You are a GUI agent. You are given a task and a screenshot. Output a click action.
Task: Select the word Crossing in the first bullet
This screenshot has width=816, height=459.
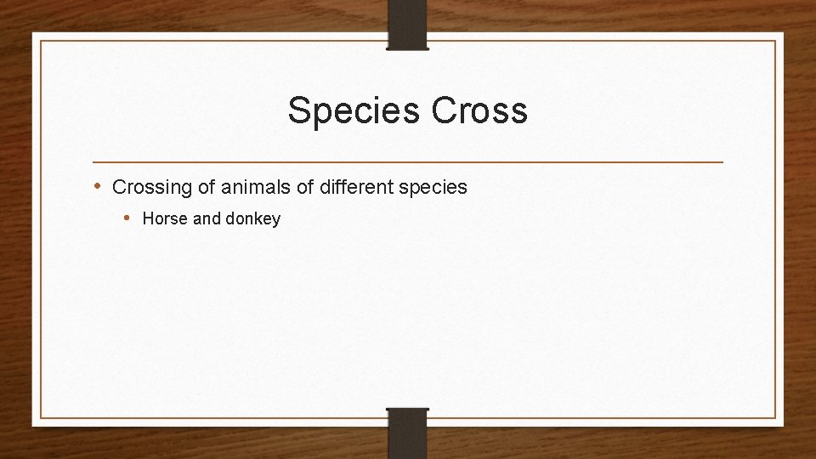click(x=149, y=187)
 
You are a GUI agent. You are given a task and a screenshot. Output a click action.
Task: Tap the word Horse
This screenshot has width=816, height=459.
click(x=165, y=219)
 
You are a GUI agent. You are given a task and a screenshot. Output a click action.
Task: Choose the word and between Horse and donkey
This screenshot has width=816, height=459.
click(x=207, y=219)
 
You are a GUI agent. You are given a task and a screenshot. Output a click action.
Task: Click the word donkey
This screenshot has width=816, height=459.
click(x=252, y=219)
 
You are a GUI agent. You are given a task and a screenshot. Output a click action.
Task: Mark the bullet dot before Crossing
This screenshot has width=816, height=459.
click(x=98, y=186)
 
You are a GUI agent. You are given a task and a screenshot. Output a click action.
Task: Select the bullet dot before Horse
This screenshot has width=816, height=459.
click(x=127, y=218)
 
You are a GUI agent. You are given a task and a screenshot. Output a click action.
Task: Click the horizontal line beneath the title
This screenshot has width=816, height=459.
click(x=408, y=161)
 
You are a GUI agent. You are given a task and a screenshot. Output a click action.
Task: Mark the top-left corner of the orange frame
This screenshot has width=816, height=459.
click(x=41, y=41)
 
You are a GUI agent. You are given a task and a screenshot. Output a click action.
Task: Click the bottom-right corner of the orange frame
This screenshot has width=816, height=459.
click(x=775, y=417)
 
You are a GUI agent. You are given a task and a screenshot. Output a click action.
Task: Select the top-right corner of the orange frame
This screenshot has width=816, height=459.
click(x=775, y=41)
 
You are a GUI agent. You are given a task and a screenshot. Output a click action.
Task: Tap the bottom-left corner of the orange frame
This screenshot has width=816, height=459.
click(x=41, y=417)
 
